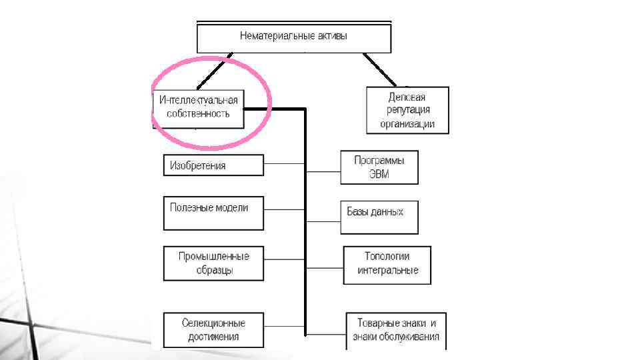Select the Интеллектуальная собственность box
(198, 107)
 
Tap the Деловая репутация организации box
(407, 110)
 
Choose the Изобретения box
(213, 165)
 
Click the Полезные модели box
(213, 213)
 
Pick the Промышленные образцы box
(213, 263)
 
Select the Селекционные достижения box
(213, 329)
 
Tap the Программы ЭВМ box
(379, 167)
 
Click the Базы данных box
(379, 217)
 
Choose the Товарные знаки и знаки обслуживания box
(396, 330)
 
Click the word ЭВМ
(379, 175)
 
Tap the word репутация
(407, 110)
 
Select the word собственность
(198, 114)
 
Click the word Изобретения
(198, 165)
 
